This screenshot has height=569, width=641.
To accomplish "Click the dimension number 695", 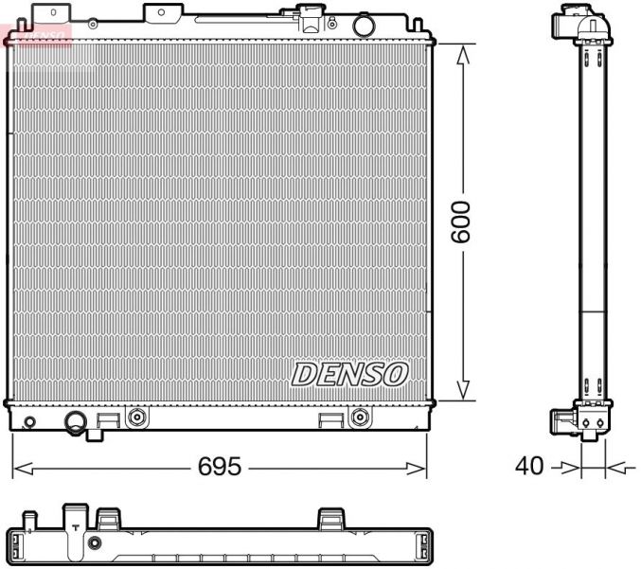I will point(220,467).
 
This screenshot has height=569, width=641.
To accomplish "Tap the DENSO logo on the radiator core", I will point(348,374).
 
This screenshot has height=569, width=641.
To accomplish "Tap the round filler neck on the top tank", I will point(364,24).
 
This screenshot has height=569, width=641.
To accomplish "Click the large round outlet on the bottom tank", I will point(75,420).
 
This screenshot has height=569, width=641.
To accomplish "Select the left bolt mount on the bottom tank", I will point(137,417).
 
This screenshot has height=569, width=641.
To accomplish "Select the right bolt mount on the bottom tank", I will point(358,417).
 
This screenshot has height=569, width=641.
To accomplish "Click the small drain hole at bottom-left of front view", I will point(29,421).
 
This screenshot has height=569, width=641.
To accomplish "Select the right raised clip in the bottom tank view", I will point(330,518).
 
